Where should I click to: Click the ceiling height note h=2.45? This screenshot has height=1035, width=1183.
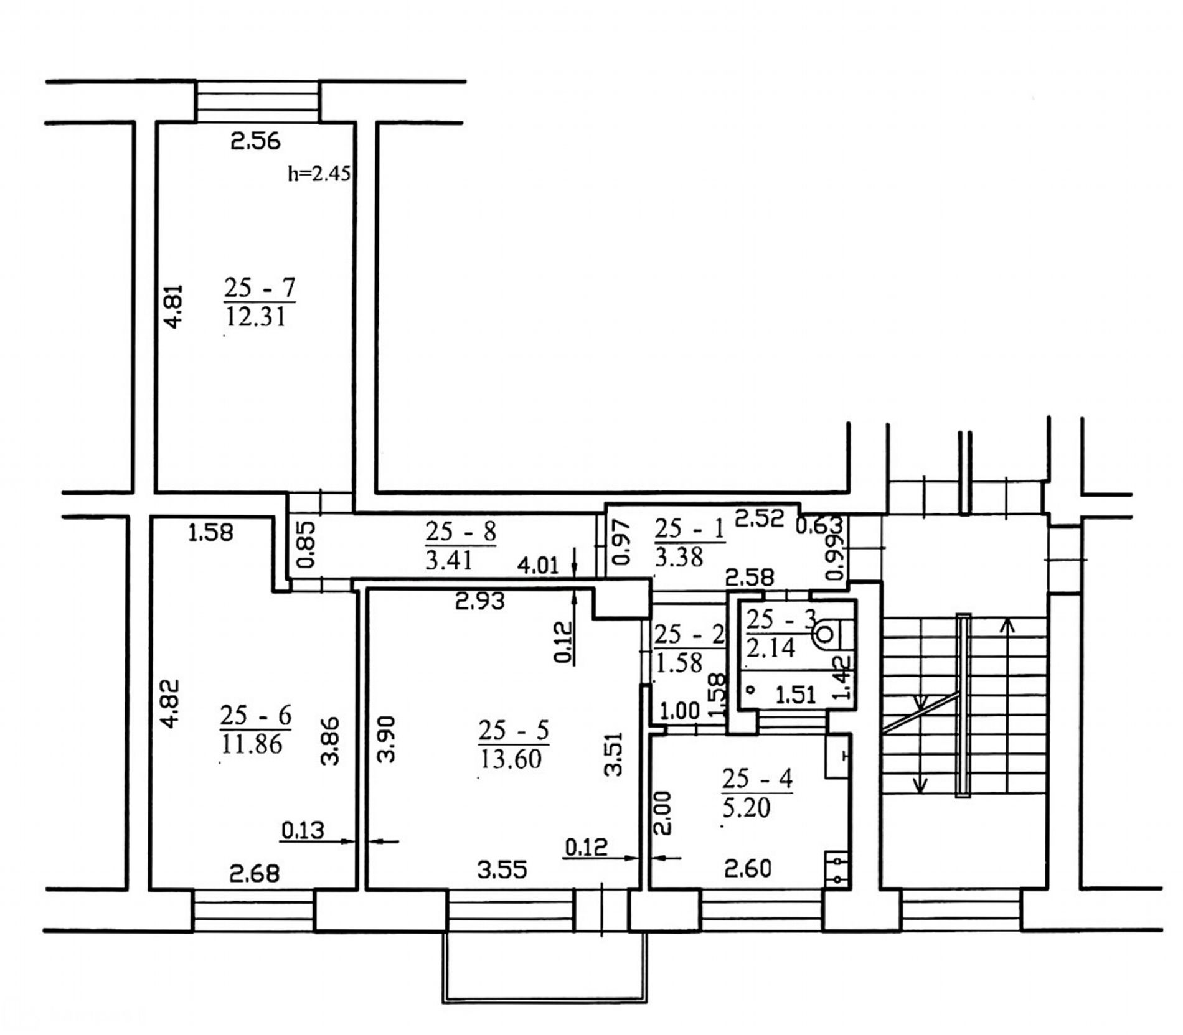coord(319,174)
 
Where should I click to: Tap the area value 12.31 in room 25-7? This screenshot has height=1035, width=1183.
coord(255,317)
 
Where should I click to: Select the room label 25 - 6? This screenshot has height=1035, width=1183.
coord(255,716)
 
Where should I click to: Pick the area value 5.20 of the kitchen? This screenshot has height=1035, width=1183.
coord(747,808)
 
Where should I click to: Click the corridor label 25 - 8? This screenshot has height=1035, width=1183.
coord(461,533)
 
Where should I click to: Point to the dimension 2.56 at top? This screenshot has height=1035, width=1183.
coord(255,142)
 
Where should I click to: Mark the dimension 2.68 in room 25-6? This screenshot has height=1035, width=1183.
coord(254,873)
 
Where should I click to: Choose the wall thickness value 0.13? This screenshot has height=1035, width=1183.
coord(303,830)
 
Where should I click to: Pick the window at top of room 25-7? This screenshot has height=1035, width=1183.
coord(257,101)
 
